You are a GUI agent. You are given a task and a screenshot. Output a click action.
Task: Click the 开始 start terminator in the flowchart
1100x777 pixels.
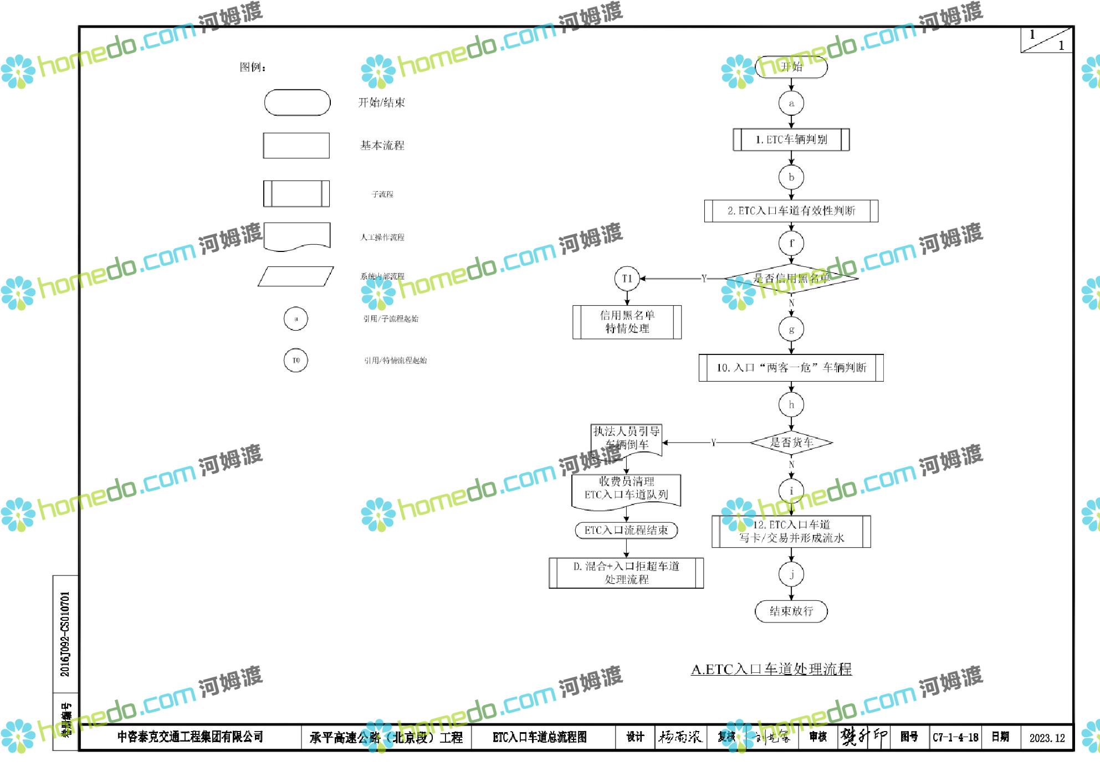[x=791, y=67]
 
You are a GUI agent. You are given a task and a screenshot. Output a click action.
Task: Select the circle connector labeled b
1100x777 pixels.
[x=791, y=177]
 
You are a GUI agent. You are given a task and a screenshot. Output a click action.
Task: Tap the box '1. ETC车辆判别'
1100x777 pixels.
[x=791, y=140]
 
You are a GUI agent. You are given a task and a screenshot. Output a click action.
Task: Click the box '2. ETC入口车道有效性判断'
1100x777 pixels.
[x=791, y=211]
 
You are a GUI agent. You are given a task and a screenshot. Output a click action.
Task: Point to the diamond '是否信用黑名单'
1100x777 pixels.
[x=791, y=278]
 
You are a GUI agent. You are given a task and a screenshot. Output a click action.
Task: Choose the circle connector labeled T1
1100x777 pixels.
[x=627, y=279]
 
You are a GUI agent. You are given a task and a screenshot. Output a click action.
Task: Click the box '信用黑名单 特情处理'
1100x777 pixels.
[x=627, y=322]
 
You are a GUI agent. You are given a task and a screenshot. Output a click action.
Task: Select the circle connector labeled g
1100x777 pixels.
[x=791, y=330]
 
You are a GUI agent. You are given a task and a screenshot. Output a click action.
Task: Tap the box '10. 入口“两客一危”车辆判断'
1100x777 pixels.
[x=791, y=368]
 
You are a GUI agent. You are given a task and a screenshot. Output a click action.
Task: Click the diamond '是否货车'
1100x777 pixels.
[x=791, y=442]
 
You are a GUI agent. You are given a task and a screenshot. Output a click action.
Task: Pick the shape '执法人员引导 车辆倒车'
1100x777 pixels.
[x=627, y=439]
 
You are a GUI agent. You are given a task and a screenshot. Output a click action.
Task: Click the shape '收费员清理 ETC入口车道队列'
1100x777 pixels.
[x=626, y=489]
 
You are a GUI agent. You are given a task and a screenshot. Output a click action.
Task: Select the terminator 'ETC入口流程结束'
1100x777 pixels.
[x=626, y=530]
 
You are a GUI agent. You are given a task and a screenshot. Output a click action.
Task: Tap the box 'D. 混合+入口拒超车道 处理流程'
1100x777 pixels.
[x=626, y=573]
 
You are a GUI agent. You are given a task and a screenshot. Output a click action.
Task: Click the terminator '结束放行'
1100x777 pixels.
[x=791, y=611]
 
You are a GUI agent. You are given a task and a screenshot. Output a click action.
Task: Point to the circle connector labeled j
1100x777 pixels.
[x=791, y=574]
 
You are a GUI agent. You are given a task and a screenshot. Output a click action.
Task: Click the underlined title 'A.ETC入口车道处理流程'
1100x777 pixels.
[x=771, y=670]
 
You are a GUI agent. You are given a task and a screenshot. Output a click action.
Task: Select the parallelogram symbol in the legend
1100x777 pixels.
[x=296, y=276]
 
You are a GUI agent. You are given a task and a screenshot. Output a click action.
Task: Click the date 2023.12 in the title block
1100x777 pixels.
[x=1047, y=738]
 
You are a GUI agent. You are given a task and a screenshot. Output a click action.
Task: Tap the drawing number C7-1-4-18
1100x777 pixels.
[x=955, y=738]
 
